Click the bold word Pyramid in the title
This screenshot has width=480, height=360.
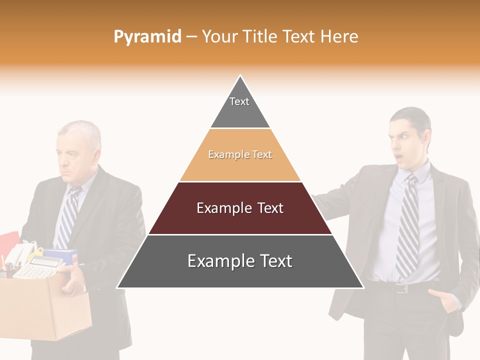[147, 37]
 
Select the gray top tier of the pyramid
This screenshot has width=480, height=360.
[240, 107]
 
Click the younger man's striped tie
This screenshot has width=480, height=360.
[407, 225]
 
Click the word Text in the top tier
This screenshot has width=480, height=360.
[239, 101]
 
